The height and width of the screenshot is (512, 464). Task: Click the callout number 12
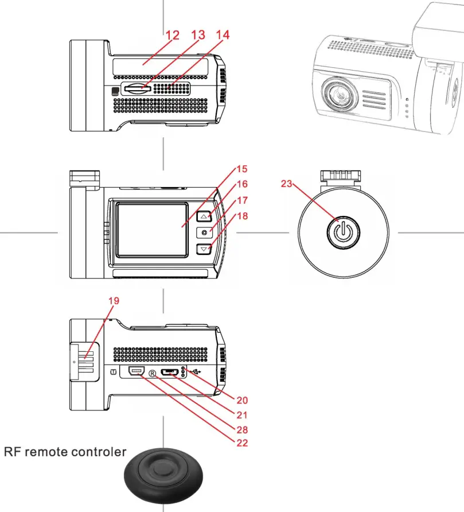[172, 35]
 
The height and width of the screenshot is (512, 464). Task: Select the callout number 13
[198, 35]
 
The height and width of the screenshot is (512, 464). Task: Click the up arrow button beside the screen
[204, 216]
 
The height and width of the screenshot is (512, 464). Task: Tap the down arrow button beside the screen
[204, 249]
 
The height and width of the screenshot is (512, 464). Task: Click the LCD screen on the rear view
[151, 229]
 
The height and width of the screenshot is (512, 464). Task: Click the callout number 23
[287, 184]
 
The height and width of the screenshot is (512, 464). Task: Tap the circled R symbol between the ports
[153, 373]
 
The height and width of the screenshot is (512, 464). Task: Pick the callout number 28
[241, 429]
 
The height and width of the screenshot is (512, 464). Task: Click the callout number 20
[241, 400]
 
